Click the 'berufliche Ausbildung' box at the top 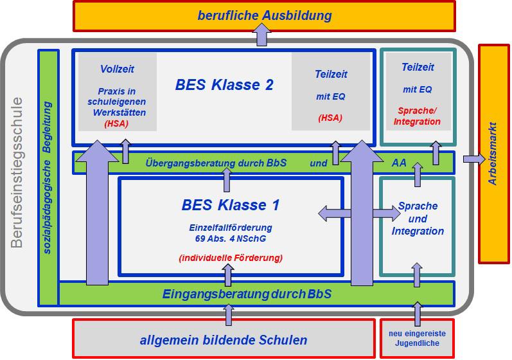[264, 15]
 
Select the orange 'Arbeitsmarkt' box [493, 154]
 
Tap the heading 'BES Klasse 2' [224, 85]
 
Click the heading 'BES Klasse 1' [231, 206]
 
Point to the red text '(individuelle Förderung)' [231, 258]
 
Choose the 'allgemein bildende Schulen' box [223, 340]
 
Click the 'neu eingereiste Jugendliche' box [417, 338]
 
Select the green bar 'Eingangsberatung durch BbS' [247, 294]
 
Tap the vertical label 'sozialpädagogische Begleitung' [48, 177]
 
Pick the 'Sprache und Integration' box [418, 219]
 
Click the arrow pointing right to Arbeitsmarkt [474, 159]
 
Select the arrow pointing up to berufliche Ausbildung [261, 35]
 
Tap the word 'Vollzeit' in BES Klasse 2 [117, 69]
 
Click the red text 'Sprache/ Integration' [417, 116]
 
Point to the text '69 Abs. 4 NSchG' [231, 239]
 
